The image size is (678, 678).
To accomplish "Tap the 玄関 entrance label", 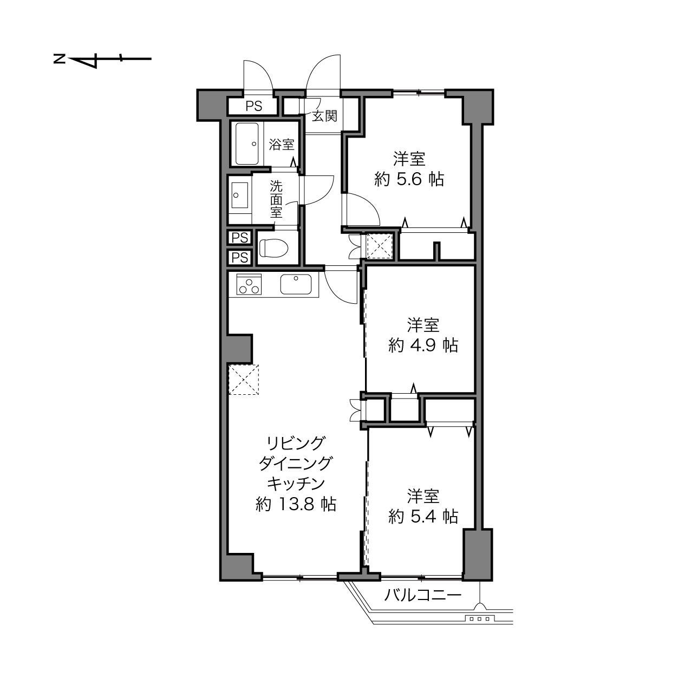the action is [324, 116].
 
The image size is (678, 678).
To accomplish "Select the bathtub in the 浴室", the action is [247, 144].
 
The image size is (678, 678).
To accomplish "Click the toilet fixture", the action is [273, 248].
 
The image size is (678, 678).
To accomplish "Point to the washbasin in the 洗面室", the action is [240, 195].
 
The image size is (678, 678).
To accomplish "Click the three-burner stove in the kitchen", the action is [249, 284].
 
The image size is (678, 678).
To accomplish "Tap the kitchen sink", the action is [296, 284].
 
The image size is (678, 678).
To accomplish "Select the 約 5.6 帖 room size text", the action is [409, 179].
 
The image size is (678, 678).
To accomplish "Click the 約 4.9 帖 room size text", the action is [423, 345].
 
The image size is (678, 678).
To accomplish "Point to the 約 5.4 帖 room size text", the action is [423, 517].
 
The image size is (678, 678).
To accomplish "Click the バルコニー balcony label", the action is [422, 595].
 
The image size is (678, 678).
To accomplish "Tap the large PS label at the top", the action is [253, 106].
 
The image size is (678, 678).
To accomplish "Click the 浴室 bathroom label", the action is [282, 144].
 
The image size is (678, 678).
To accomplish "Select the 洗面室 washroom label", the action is [276, 199].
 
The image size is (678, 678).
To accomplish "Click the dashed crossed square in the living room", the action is [244, 380].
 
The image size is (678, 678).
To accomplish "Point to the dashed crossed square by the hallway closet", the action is [379, 246].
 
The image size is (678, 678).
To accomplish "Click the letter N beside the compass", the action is [59, 58].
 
